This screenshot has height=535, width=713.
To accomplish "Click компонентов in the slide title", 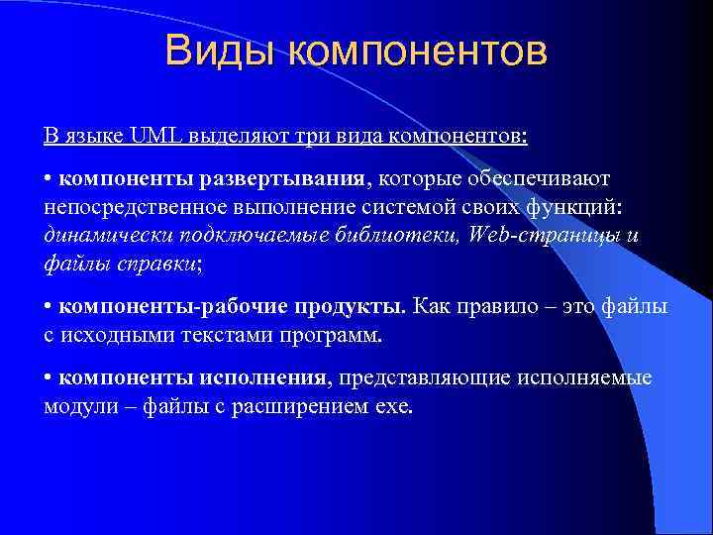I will (417, 53).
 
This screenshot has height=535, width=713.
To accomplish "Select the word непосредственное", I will (135, 209).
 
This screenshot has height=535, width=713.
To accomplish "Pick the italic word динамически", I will (102, 237).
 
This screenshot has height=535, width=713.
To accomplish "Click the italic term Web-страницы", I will (544, 237).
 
